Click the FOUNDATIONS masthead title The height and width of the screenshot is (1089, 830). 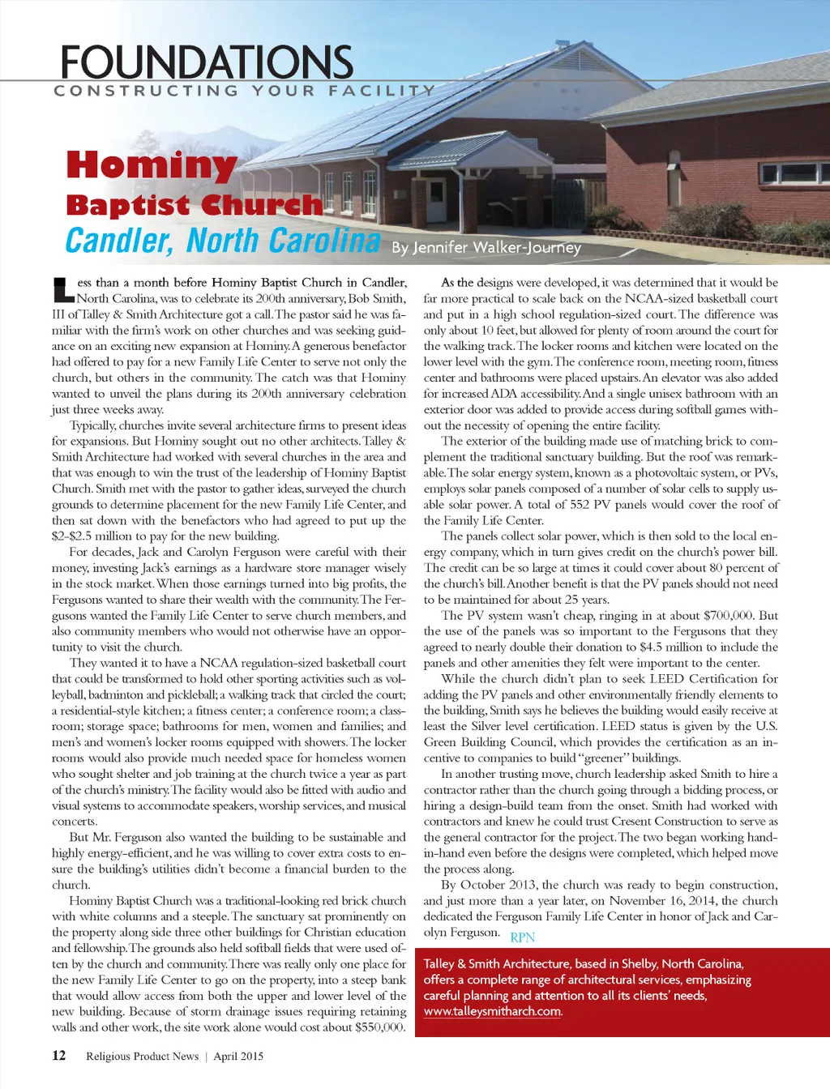(207, 62)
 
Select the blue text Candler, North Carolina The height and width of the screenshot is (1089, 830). (222, 241)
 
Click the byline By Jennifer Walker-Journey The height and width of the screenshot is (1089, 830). (486, 247)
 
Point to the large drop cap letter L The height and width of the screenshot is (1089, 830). (62, 288)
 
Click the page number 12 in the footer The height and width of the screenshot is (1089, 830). (58, 1055)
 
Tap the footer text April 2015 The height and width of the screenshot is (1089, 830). (238, 1056)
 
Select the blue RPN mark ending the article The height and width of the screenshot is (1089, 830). (522, 937)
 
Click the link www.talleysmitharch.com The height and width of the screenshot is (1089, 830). (492, 1011)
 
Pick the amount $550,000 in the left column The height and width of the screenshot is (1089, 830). (379, 1027)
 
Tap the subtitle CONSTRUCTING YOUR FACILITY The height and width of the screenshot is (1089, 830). (244, 91)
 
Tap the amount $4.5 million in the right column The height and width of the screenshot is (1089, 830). (676, 647)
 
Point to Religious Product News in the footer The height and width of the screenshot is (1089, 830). (142, 1056)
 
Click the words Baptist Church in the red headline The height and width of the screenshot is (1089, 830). (194, 205)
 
